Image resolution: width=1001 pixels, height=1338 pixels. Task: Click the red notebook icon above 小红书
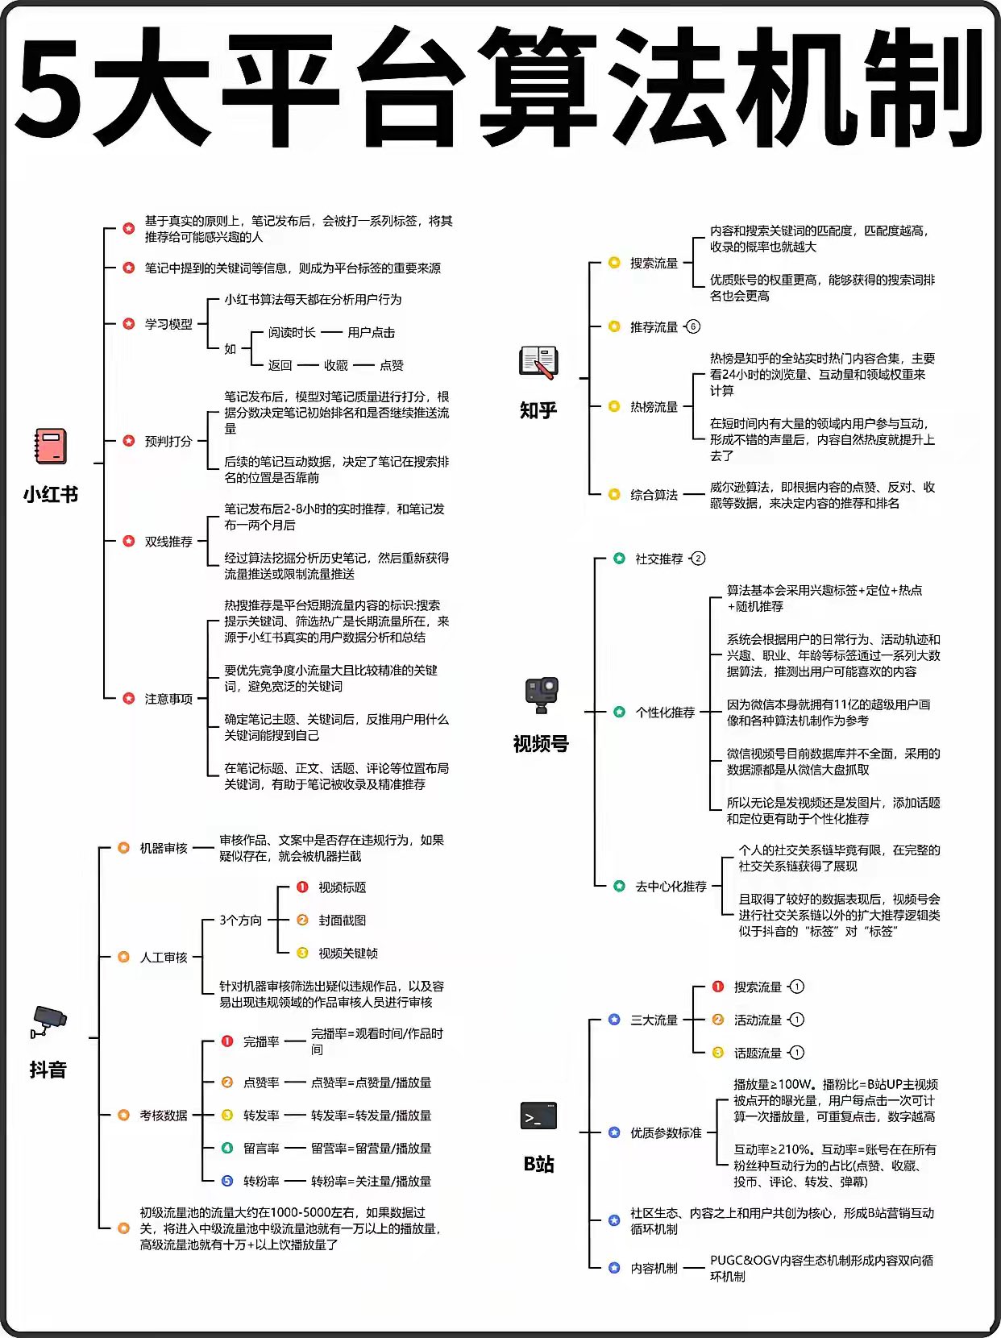[x=50, y=447]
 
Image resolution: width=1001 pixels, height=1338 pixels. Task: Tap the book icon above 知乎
[x=538, y=362]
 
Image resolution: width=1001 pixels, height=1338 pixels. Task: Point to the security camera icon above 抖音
[x=48, y=1022]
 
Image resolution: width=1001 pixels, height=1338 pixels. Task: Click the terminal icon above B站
[x=538, y=1116]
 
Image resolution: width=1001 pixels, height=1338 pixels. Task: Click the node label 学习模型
[x=168, y=324]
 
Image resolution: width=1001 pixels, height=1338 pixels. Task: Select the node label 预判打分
[x=168, y=441]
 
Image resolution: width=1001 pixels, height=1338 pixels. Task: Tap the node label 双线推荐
[x=168, y=542]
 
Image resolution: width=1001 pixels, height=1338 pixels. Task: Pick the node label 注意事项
[x=168, y=699]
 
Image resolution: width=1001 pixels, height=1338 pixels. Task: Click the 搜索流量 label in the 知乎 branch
[x=654, y=263]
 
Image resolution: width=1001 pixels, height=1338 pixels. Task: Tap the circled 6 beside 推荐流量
[x=692, y=326]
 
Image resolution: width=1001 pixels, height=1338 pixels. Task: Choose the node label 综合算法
[x=654, y=495]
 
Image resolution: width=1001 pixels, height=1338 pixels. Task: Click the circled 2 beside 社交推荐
[x=698, y=559]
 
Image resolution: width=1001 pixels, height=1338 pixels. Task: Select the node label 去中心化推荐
[x=671, y=887]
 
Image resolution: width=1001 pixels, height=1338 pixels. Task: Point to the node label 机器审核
[x=164, y=848]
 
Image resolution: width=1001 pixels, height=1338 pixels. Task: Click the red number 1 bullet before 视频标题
[x=302, y=887]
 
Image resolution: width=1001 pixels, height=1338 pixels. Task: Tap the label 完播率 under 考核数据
[x=261, y=1041]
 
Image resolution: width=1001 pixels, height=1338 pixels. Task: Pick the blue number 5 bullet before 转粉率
[x=227, y=1181]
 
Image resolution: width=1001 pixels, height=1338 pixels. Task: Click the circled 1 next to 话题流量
[x=796, y=1053]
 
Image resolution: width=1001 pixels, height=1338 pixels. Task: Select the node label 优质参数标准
[x=666, y=1132]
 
